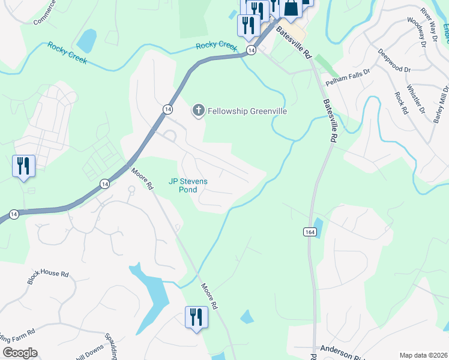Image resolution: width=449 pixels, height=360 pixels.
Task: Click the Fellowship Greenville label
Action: (247, 111)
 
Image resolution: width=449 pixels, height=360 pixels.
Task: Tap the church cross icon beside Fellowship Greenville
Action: (197, 110)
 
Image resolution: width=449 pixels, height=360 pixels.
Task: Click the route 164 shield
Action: (306, 231)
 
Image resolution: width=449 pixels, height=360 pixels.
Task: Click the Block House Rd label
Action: (47, 277)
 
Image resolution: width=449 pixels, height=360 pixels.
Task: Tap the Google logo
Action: (20, 353)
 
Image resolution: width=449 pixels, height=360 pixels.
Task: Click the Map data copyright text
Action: (423, 355)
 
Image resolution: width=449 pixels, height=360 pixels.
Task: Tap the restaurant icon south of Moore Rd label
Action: (196, 316)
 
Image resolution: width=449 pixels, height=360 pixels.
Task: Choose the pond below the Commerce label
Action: (86, 40)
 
